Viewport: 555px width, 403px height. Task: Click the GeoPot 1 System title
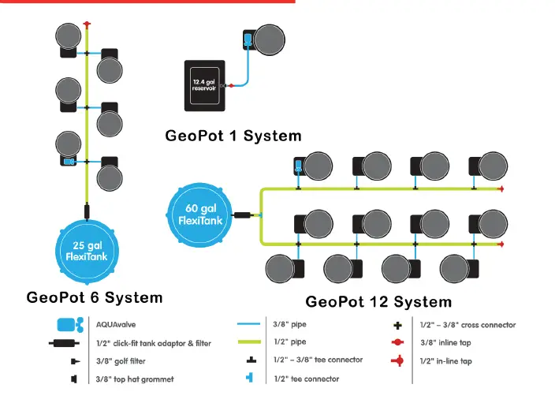[x=233, y=136]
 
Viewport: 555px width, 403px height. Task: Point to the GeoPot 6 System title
[x=95, y=297]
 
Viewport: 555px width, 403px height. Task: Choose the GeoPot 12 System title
[x=378, y=301]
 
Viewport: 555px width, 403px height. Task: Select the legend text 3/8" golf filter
[x=121, y=361]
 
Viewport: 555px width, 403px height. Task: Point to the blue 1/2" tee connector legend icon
[x=250, y=379]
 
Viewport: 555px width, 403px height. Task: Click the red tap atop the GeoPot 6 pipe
[x=87, y=24]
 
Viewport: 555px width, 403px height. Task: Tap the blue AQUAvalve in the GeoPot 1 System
[x=248, y=38]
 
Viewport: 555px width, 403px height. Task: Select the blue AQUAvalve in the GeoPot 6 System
[x=69, y=162]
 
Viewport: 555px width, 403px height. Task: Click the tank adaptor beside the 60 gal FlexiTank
[x=241, y=215]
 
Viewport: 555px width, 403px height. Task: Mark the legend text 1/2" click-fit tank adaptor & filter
[x=153, y=343]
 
